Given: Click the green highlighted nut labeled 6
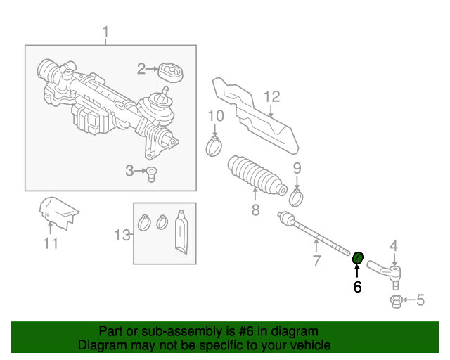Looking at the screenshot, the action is pos(358,257).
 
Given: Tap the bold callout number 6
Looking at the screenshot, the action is pos(357,287).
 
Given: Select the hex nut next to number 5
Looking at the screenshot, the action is pos(397,302).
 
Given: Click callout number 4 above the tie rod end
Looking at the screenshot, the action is pos(394,246).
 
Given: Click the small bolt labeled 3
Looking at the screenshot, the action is pos(151,174).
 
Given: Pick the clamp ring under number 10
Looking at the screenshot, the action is pos(214,146).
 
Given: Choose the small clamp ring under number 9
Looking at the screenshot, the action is pos(296,198).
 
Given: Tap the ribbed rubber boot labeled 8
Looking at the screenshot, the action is pos(257,176).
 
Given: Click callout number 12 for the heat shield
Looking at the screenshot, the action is pos(272,97).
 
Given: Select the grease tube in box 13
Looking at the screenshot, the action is pos(181,232).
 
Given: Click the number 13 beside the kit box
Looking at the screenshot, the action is pos(122,235).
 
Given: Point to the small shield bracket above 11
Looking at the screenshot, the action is pos(58,213).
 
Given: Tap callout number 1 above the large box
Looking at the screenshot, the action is pos(106,32).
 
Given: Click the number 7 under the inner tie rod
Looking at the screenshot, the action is pos(316,261).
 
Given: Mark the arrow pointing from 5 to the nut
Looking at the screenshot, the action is pos(409,300).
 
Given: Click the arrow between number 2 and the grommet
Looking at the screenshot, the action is pos(152,69).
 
